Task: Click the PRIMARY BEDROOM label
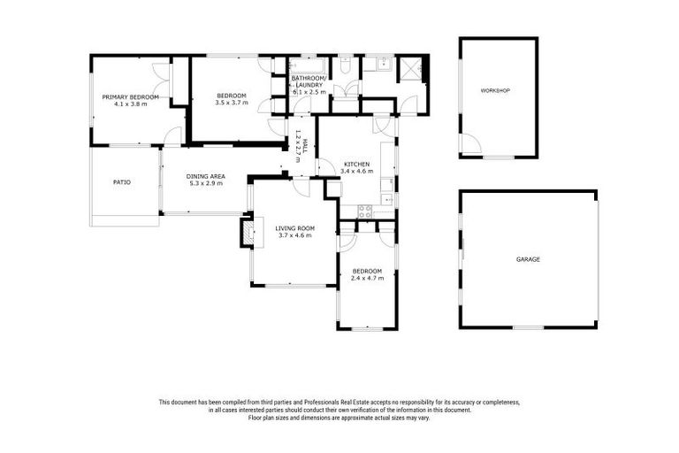[130, 96]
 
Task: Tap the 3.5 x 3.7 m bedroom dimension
[232, 103]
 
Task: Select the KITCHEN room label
[356, 165]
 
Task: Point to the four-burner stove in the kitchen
[363, 211]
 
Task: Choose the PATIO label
[122, 182]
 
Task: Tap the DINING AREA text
[205, 177]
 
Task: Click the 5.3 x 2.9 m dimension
[205, 184]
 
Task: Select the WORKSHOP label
[495, 91]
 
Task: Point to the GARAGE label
[528, 259]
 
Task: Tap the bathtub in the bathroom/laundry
[309, 65]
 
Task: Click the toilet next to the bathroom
[345, 65]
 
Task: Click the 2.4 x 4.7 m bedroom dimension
[367, 278]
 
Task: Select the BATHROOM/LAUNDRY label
[309, 81]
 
